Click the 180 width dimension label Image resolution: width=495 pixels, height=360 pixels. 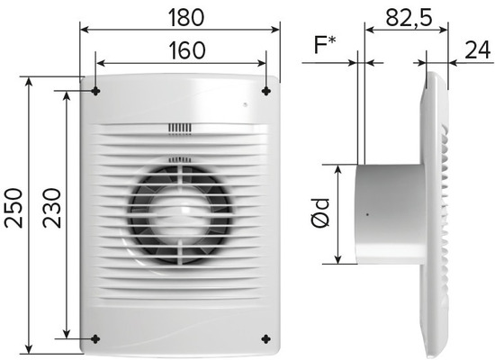click(x=186, y=17)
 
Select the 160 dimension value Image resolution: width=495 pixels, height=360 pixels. click(x=187, y=50)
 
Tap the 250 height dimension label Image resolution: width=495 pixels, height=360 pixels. click(x=13, y=208)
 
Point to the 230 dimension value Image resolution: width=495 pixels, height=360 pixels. click(x=52, y=208)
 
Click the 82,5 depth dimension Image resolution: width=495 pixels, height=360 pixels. click(x=409, y=18)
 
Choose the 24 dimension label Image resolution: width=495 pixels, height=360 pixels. click(x=478, y=49)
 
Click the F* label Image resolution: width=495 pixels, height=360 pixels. click(x=325, y=45)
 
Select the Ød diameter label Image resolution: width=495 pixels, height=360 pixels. click(x=320, y=212)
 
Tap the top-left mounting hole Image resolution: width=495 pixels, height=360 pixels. click(x=95, y=92)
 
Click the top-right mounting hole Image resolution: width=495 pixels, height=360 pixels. click(x=266, y=91)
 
